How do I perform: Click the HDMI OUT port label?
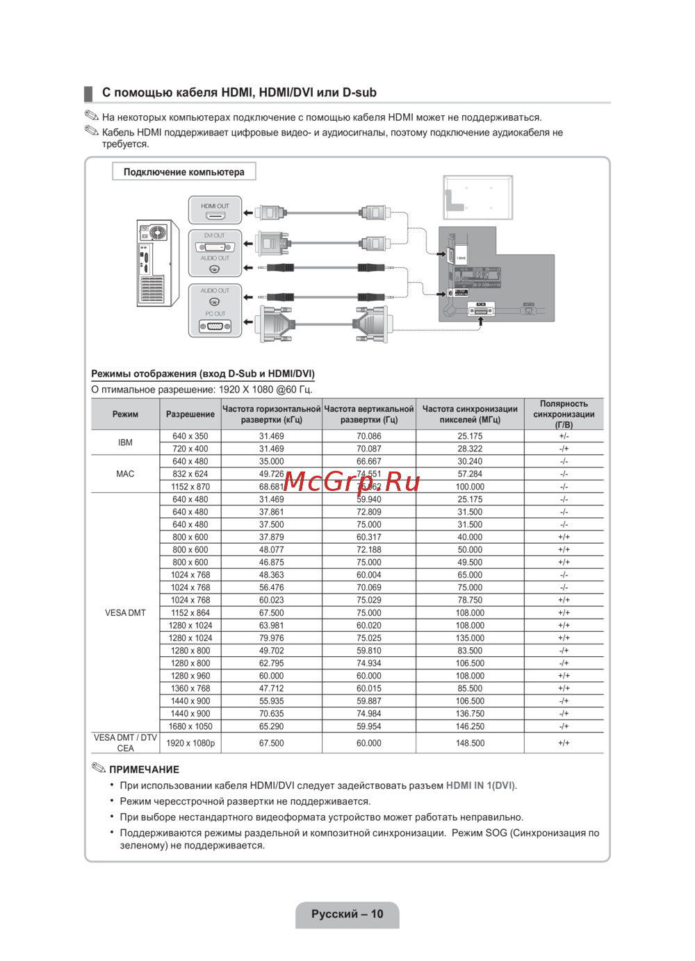(x=215, y=206)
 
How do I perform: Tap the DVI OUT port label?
(x=215, y=236)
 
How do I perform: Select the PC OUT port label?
(x=215, y=314)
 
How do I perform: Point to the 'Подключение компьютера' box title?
(x=184, y=172)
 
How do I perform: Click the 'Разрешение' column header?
(x=190, y=415)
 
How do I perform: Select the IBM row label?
(x=125, y=442)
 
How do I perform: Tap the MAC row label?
(x=125, y=474)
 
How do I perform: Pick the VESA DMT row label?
(x=125, y=613)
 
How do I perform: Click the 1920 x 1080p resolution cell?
(x=190, y=743)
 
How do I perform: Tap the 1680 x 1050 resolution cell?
(x=190, y=726)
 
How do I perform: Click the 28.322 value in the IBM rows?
(x=470, y=449)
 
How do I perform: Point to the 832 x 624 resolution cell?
(x=190, y=474)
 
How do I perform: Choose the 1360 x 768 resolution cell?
(x=190, y=689)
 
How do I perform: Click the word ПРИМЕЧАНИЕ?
(x=144, y=769)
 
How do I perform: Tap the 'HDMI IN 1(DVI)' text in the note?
(x=480, y=785)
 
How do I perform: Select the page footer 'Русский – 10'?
(x=347, y=914)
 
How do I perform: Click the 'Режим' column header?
(x=125, y=415)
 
